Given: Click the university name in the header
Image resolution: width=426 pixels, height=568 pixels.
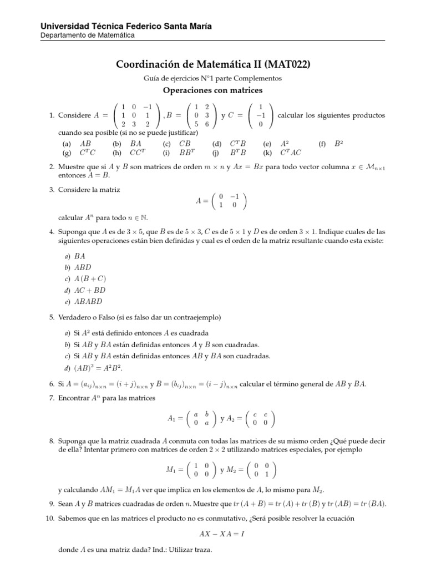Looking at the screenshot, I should coord(126,26).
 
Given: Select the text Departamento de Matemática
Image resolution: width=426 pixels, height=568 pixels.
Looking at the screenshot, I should coord(88,35).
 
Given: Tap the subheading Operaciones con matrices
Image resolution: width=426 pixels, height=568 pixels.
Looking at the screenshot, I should coord(212,90).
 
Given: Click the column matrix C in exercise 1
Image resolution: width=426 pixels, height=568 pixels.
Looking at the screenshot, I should coord(260,115).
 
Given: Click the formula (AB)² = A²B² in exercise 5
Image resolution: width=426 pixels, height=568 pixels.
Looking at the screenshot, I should coord(99,368).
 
